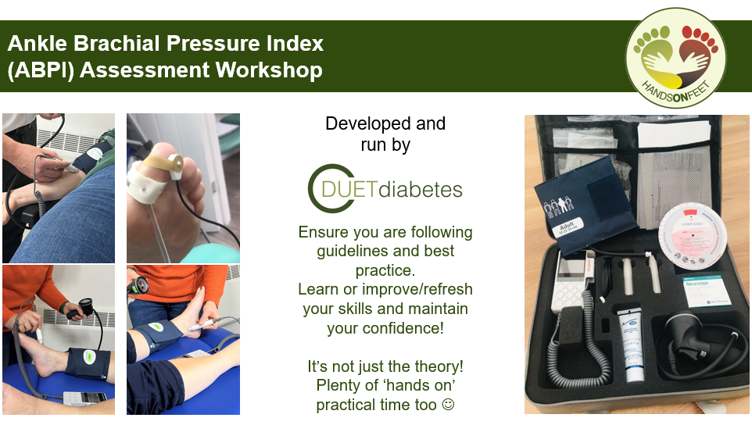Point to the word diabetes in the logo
428,190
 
